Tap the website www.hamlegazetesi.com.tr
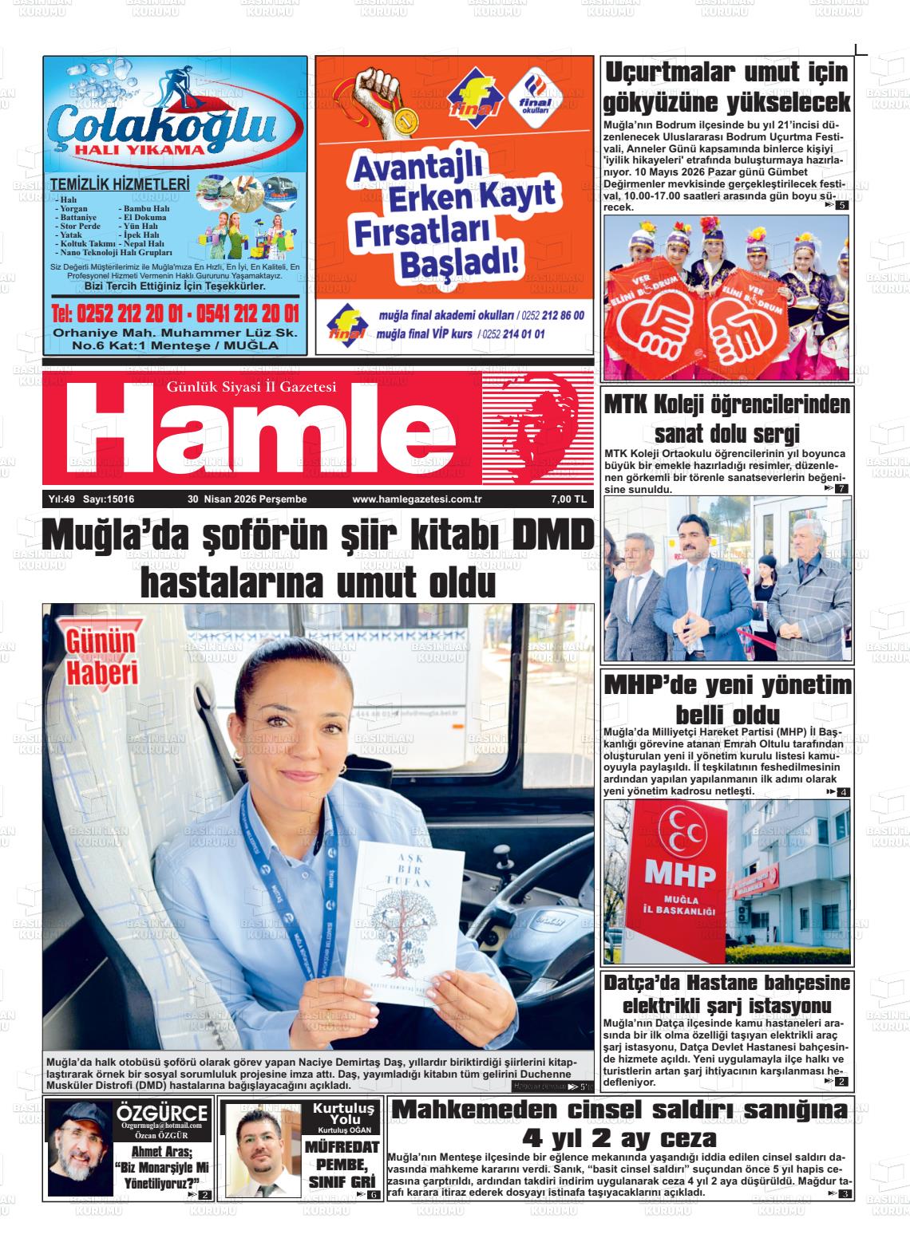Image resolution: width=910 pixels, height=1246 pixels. click(411, 499)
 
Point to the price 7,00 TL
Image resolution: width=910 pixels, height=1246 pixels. click(568, 499)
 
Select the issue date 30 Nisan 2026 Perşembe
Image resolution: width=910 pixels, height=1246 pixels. click(247, 499)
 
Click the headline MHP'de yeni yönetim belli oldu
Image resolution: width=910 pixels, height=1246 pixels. click(727, 699)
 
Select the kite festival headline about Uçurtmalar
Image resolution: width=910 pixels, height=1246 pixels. click(727, 87)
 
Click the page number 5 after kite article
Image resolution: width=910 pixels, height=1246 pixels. click(842, 207)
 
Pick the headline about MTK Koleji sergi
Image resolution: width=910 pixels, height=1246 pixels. click(727, 418)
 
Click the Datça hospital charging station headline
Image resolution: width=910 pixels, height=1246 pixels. click(727, 992)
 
